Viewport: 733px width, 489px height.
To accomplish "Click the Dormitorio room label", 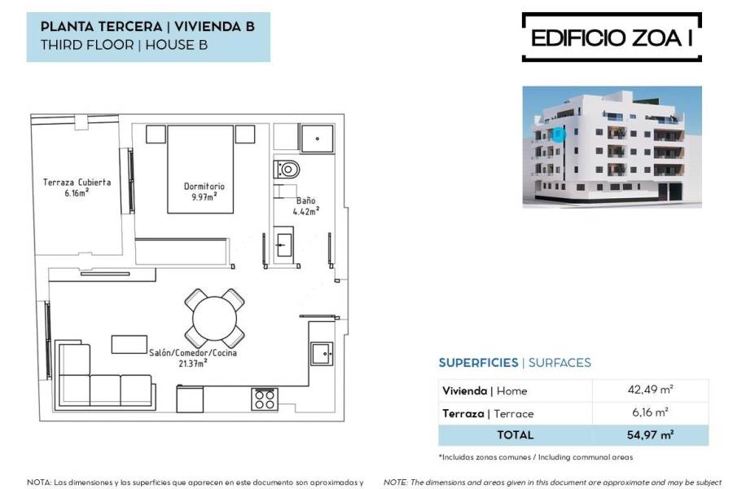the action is [204, 192].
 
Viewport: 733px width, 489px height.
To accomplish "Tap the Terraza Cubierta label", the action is [77, 187].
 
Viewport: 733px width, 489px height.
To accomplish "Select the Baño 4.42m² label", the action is [305, 206].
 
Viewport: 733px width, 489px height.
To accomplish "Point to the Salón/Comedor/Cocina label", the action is [192, 358].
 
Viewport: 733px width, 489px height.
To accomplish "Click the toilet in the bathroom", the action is [287, 169].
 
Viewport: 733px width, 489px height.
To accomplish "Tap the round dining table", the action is [214, 318].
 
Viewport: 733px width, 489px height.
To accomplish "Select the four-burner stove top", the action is [265, 399].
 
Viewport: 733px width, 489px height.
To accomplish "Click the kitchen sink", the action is [322, 354].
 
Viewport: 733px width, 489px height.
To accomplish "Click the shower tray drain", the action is [318, 139].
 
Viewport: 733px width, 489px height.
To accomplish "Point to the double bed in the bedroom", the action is [200, 169].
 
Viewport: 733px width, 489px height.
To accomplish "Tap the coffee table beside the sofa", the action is [129, 345].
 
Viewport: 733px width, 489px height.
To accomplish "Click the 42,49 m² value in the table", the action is [650, 390].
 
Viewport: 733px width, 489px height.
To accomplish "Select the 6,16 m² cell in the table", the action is [650, 412].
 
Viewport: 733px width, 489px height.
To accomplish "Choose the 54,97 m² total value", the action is [650, 434].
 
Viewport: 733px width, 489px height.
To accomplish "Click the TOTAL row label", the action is [516, 434].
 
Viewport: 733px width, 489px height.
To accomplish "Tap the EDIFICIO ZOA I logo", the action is [612, 37].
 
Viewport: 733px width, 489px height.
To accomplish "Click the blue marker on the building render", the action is [558, 134].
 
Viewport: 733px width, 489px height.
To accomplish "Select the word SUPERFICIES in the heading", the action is [478, 363].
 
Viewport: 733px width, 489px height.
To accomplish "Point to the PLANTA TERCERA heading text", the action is [102, 27].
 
